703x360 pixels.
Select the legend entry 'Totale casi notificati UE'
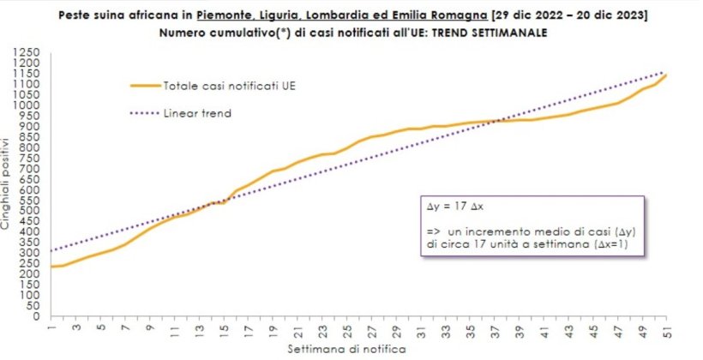[x=234, y=86]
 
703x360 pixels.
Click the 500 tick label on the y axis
[x=33, y=211]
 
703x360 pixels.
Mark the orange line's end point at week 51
[x=666, y=75]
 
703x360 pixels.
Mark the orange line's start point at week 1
[x=51, y=267]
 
